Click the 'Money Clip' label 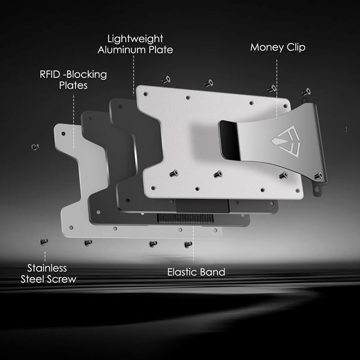(278, 47)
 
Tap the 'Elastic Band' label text (196, 272)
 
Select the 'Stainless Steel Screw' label (48, 274)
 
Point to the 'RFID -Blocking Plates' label (73, 80)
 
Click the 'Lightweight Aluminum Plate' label (135, 44)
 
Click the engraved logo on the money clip (286, 141)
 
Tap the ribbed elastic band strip (185, 218)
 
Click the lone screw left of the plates (35, 146)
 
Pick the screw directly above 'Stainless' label (43, 242)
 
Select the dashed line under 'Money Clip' (277, 89)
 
